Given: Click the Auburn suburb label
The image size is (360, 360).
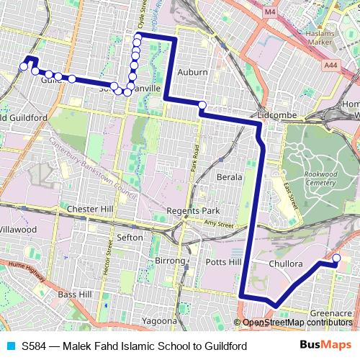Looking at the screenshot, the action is point(192,73).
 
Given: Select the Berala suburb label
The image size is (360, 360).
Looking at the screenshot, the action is point(230,176).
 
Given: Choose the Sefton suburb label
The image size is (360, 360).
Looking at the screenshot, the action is point(130,237).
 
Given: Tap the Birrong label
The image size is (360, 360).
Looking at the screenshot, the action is point(170,260).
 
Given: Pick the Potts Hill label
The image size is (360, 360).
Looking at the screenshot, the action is point(223,263).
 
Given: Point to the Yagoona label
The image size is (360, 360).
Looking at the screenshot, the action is point(159,320).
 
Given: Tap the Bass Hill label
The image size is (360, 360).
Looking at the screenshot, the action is point(74,294).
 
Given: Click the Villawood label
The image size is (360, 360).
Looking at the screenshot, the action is point(18,229).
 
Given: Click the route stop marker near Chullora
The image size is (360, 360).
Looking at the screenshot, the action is point(336,258).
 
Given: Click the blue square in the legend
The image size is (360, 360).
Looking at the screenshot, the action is point(9,346).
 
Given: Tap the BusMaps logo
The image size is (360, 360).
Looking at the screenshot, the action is point(321,346).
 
